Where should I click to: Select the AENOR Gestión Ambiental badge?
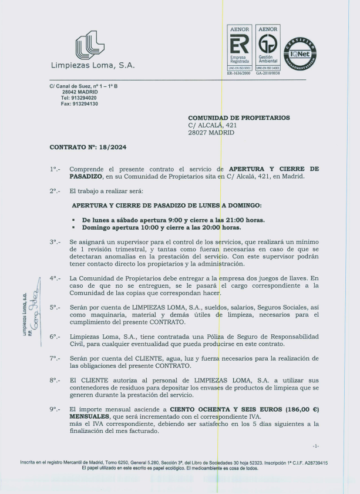(268, 47)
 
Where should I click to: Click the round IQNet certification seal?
(300, 55)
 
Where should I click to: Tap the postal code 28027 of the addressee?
(199, 133)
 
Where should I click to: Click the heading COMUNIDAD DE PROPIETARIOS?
(238, 118)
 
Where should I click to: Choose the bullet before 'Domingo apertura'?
(73, 227)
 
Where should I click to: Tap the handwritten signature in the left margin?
(33, 315)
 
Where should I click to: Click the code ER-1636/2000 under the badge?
(238, 73)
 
